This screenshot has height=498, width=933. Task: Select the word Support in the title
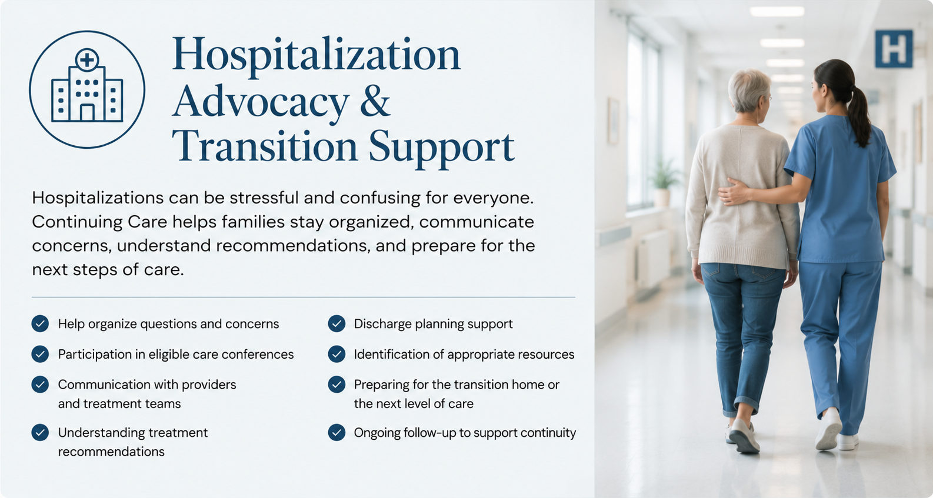[x=442, y=148]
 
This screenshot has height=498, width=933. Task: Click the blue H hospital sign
[x=894, y=49]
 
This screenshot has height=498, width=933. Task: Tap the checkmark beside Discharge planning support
[x=336, y=323]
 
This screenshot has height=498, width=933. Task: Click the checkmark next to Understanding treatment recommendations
[x=40, y=432]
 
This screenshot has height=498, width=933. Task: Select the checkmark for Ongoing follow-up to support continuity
[x=336, y=432]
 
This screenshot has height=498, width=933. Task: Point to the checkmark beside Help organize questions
[x=40, y=323]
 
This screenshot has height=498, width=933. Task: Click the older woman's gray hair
[x=748, y=89]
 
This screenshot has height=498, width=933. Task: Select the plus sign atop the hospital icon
[x=87, y=60]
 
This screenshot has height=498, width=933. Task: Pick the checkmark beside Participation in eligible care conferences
[x=40, y=354]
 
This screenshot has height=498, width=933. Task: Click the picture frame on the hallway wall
[x=613, y=121]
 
